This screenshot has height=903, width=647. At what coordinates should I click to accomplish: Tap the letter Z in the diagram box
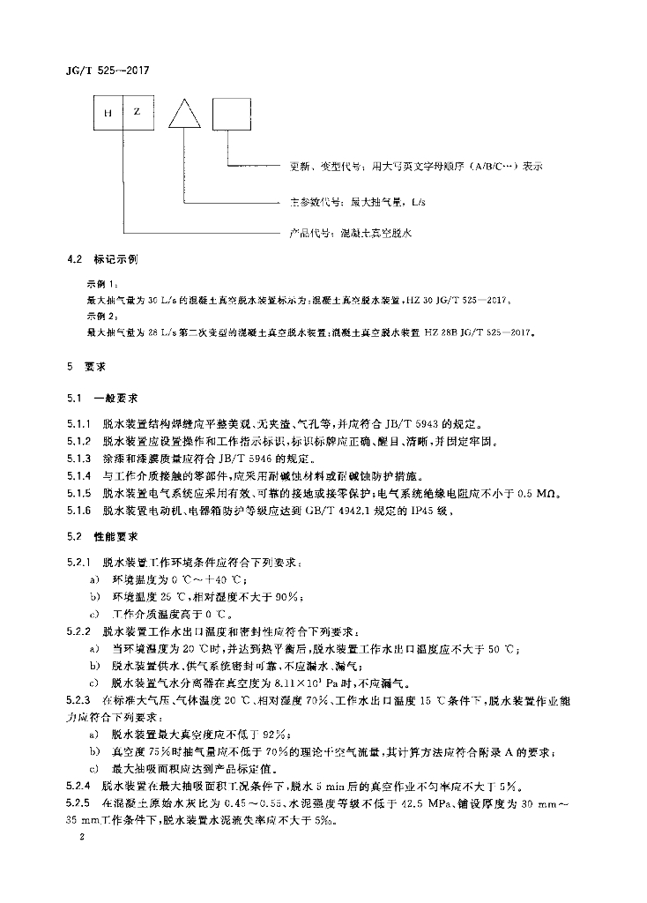point(137,113)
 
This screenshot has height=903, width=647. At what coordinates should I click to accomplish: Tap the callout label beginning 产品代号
point(352,234)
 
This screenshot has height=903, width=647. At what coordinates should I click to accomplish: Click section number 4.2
point(74,260)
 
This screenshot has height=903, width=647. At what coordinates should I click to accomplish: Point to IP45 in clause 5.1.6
point(419,509)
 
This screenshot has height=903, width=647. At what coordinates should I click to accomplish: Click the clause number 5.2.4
point(79,784)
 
